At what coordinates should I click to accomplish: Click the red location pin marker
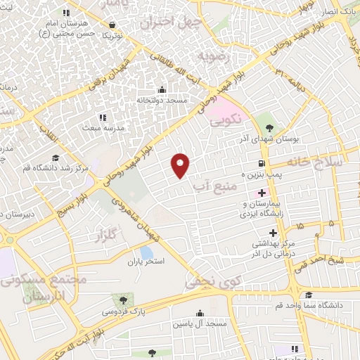click(181, 165)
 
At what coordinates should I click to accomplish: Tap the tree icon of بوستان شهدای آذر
click(271, 127)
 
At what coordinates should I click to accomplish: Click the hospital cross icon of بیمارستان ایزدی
click(262, 193)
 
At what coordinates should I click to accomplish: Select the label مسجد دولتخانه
click(162, 101)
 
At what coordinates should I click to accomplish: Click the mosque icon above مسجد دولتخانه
click(162, 89)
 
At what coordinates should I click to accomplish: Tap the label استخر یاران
click(145, 262)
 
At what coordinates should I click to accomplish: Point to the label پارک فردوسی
click(123, 310)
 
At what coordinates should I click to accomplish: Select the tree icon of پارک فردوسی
click(124, 300)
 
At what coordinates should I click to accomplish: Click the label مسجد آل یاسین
click(202, 324)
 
